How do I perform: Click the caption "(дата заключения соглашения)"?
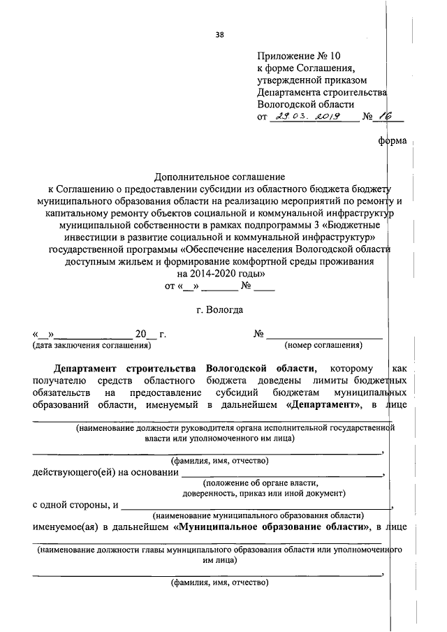(x=91, y=345)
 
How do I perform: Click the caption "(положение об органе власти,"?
(x=261, y=483)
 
